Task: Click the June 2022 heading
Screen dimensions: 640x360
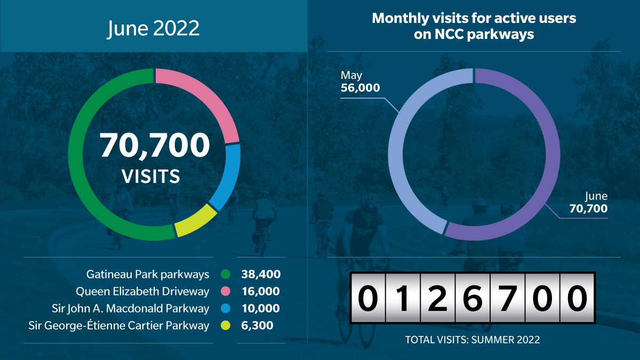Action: click(x=153, y=28)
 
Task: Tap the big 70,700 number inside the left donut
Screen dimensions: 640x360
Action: click(x=155, y=145)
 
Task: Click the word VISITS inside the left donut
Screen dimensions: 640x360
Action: click(x=151, y=176)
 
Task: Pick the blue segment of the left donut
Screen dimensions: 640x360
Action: click(x=229, y=177)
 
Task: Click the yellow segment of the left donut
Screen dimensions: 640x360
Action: click(x=196, y=221)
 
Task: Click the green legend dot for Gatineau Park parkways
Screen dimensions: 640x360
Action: click(x=226, y=274)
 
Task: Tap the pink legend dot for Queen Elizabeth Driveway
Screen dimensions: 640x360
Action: click(x=226, y=291)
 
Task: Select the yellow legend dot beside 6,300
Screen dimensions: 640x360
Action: click(x=226, y=325)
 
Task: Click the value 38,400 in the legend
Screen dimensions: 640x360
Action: click(x=261, y=274)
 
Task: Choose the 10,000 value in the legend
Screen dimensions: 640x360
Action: click(x=261, y=308)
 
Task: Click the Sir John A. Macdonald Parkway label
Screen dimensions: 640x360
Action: click(x=130, y=309)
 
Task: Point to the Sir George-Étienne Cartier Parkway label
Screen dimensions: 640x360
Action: click(x=119, y=325)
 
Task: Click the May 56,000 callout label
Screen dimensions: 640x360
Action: click(x=361, y=82)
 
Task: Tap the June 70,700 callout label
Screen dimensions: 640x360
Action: click(x=589, y=203)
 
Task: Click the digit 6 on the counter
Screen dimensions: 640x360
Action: click(x=473, y=298)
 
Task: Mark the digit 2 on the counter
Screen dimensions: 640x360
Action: click(x=438, y=298)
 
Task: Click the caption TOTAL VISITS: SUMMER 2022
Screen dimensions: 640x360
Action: click(x=473, y=340)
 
